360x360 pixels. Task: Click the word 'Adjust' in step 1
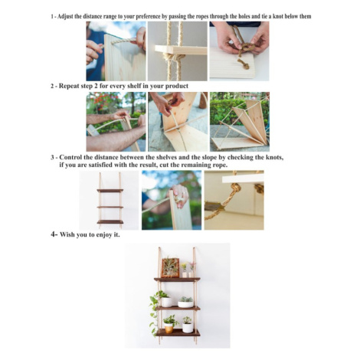[65, 17]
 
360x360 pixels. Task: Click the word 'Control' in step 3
[70, 157]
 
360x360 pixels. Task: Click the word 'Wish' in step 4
[67, 234]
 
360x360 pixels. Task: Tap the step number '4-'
[54, 234]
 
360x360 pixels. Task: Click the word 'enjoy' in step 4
[104, 235]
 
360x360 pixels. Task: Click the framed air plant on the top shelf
[170, 268]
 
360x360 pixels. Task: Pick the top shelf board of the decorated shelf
[177, 280]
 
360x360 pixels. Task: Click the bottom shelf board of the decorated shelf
[178, 332]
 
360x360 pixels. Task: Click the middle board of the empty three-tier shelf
[110, 207]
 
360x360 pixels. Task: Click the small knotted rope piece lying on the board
[244, 64]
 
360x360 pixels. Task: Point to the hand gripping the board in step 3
[180, 195]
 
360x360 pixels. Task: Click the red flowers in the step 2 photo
[105, 100]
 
